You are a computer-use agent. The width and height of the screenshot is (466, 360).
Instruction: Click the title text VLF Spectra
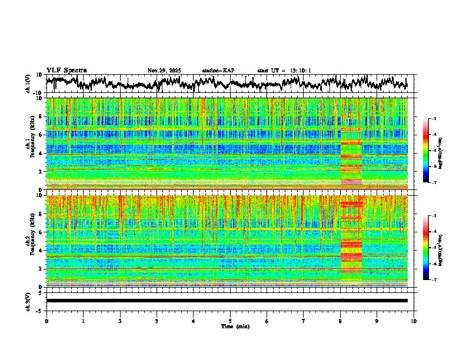tap(66, 71)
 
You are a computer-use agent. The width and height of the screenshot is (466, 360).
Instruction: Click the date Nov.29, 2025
tap(164, 71)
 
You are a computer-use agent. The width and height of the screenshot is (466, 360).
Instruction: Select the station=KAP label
tap(218, 71)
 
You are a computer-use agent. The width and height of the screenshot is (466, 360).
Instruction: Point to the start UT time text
tap(284, 71)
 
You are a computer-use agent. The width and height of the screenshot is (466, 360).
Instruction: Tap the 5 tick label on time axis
tap(230, 321)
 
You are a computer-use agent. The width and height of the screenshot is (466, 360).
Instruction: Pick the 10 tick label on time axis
tap(414, 321)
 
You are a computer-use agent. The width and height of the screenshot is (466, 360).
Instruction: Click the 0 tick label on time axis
tap(46, 321)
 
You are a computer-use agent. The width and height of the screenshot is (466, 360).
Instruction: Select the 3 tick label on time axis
tap(157, 321)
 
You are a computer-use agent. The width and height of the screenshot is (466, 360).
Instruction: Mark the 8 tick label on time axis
tap(340, 321)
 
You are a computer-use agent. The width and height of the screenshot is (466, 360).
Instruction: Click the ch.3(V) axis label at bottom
tap(29, 301)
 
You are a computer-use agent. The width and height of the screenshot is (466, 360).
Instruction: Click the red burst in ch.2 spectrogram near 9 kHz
tap(352, 204)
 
